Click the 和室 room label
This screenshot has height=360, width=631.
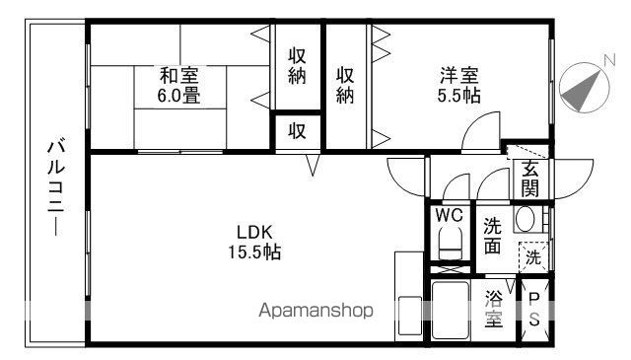click(x=179, y=75)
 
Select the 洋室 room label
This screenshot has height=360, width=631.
click(x=459, y=75)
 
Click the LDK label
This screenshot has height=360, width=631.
click(x=252, y=233)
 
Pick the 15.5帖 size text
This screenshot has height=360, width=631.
click(x=252, y=252)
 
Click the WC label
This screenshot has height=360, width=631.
click(x=449, y=215)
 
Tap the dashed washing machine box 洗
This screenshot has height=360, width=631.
click(x=531, y=258)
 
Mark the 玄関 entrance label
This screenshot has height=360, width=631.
click(x=530, y=179)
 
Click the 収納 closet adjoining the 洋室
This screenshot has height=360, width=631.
click(x=345, y=87)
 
